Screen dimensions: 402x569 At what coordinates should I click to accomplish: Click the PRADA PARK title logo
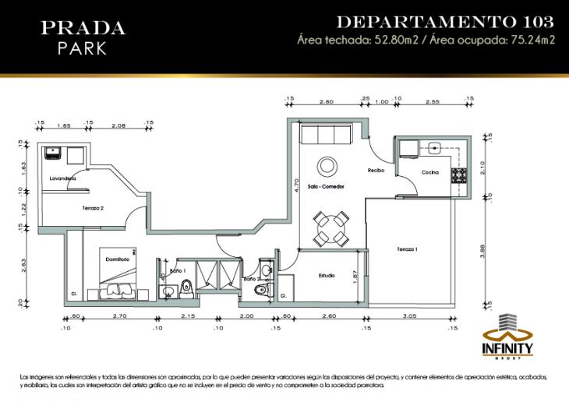pos(83,37)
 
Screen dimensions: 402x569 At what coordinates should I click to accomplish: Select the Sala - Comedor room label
pos(325,187)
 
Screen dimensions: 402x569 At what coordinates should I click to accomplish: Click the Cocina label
pos(430,172)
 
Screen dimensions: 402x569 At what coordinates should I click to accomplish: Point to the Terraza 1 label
pos(407,249)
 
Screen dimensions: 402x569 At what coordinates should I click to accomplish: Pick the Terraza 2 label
pos(93,209)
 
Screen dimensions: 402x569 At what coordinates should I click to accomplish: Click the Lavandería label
pos(62,178)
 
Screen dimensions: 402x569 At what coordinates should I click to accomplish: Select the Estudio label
pos(327,275)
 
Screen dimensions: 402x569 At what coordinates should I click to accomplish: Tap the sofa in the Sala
pos(325,135)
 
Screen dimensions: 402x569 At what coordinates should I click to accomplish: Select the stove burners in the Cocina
pos(457,175)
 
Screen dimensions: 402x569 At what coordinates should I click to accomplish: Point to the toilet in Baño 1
pos(185,287)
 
